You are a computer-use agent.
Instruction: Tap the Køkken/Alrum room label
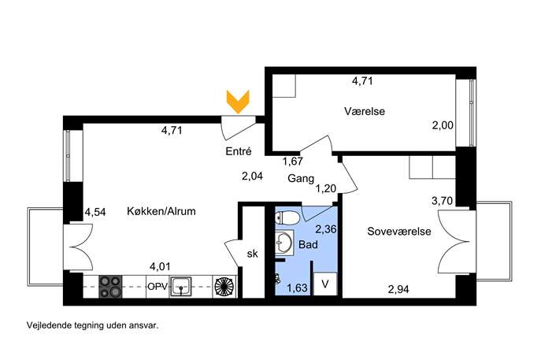[x=161, y=211]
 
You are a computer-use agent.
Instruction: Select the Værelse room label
[x=365, y=111]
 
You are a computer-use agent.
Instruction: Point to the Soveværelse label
[x=398, y=231]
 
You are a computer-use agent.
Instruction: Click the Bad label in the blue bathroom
[x=308, y=245]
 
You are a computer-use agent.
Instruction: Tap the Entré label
[x=239, y=151]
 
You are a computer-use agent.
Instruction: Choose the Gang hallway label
[x=301, y=179]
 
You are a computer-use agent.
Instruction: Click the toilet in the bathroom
[x=287, y=217]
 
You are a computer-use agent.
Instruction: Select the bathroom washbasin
[x=284, y=243]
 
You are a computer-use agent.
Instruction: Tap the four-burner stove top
[x=110, y=287]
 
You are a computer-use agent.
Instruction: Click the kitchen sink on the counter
[x=180, y=287]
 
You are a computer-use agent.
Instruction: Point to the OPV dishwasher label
[x=157, y=287]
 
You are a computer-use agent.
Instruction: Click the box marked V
[x=325, y=284]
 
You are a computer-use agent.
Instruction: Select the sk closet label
[x=253, y=254]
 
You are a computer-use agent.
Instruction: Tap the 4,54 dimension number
[x=95, y=212]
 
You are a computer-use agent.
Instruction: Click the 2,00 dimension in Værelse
[x=443, y=125]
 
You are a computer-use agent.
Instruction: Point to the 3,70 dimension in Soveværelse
[x=442, y=201]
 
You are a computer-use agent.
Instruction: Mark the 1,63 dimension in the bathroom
[x=298, y=288]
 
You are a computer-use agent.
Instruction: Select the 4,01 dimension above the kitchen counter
[x=160, y=266]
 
